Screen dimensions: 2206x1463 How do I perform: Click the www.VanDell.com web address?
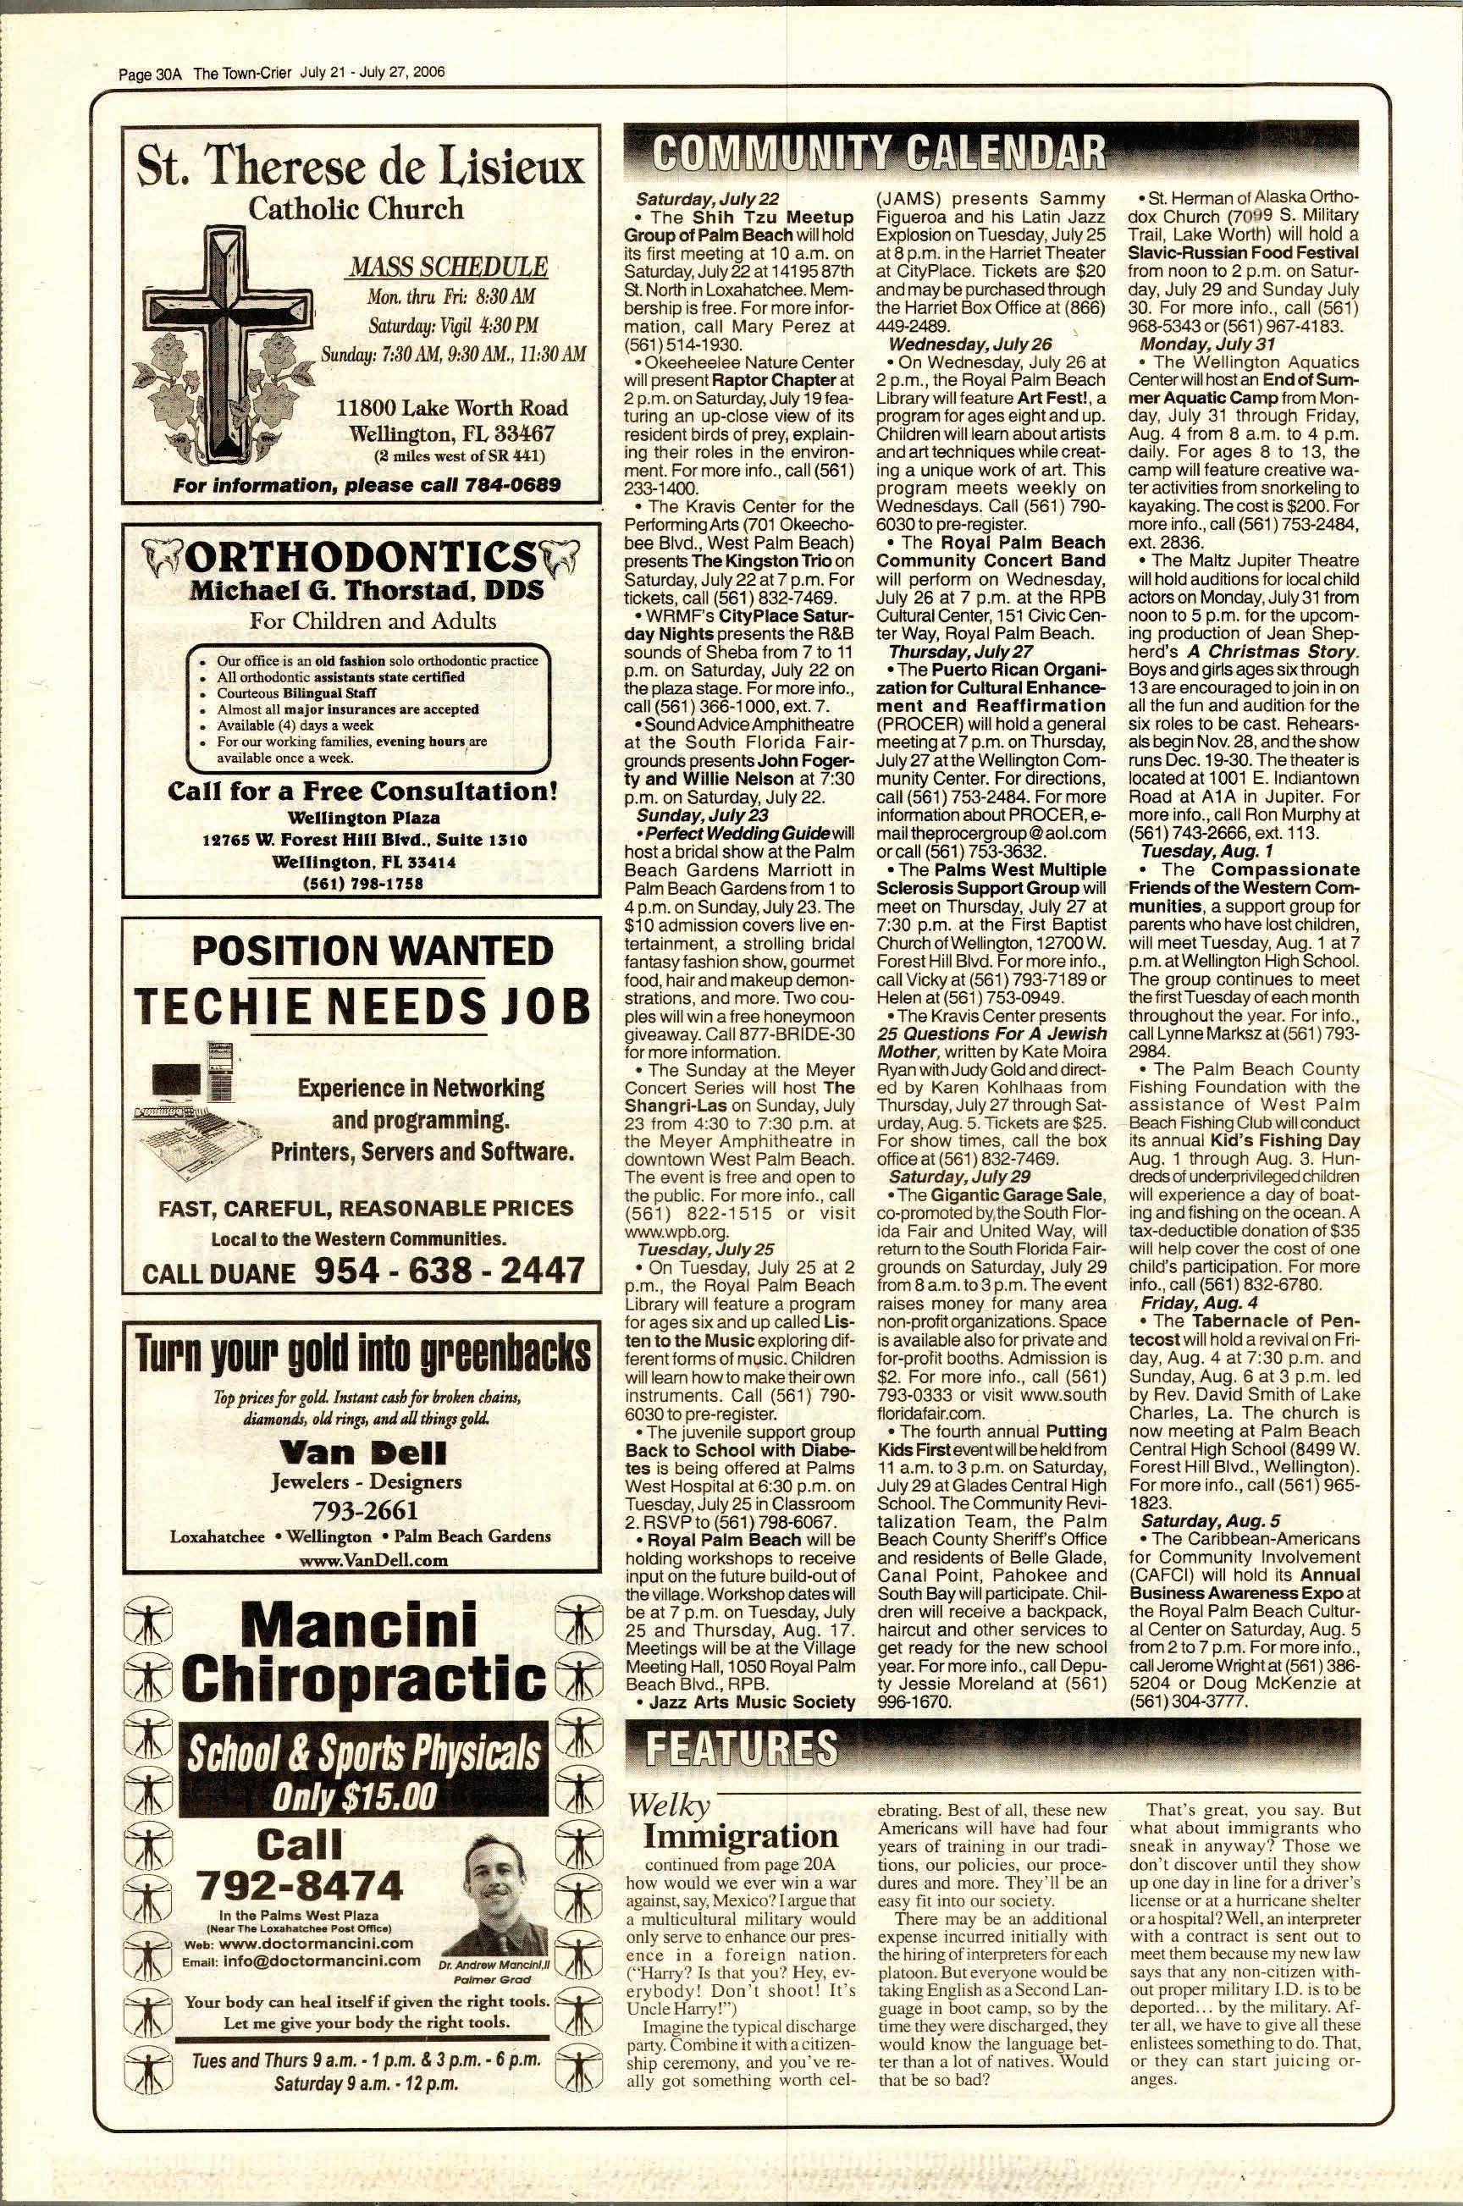pos(360,1558)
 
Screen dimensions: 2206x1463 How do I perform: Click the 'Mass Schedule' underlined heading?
pos(447,267)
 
